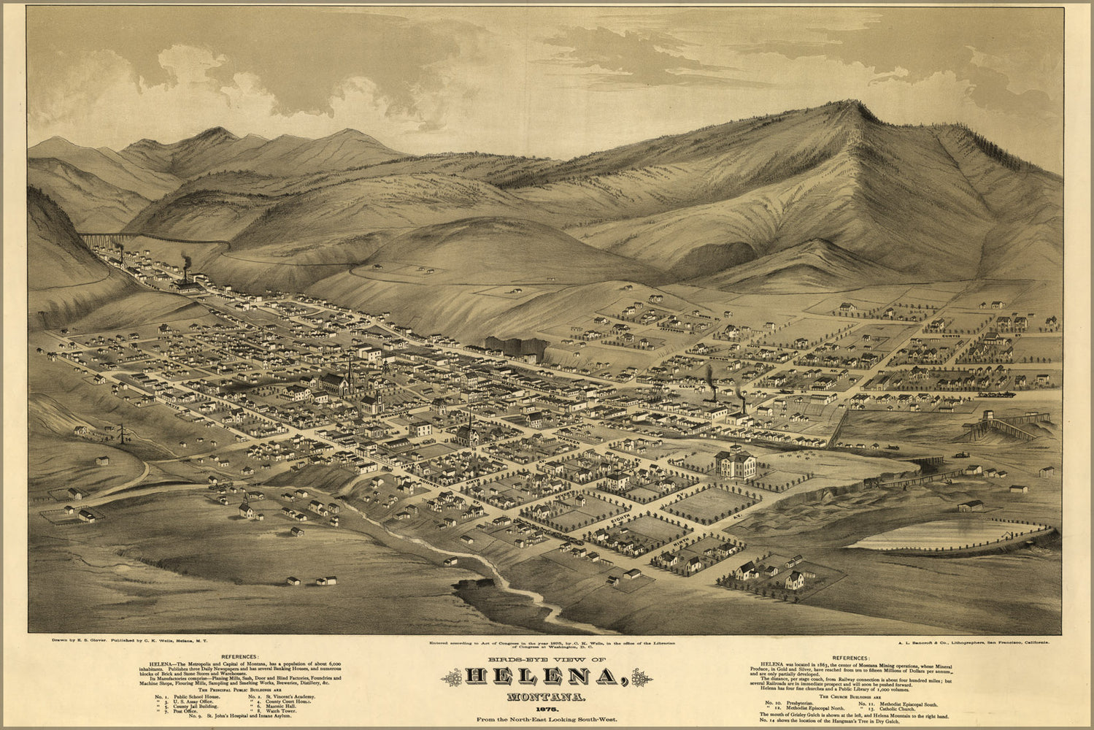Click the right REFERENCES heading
pos(851,657)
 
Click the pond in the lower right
pos(949,535)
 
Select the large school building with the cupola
pos(736,462)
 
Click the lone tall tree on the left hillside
pos(121,434)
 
